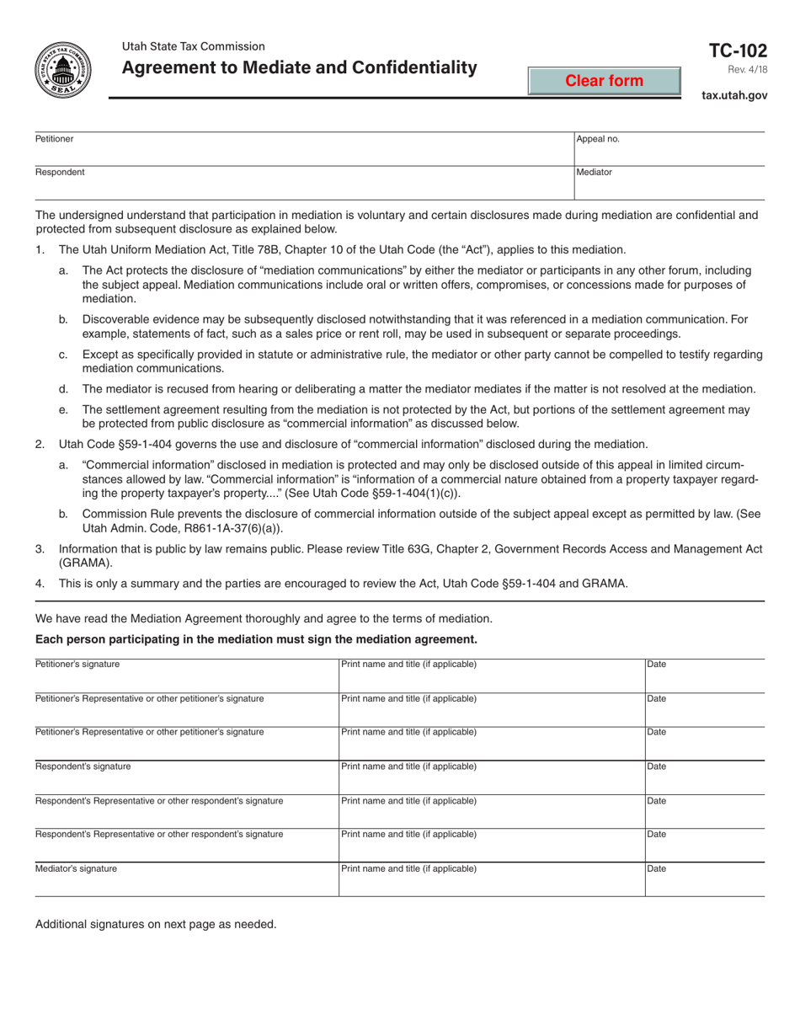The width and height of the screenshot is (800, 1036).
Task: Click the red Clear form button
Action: pos(604,81)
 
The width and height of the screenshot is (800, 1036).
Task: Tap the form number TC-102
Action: pos(739,51)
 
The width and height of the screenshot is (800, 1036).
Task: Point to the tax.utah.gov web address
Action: pos(734,96)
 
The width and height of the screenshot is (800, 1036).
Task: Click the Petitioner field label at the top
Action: pos(54,138)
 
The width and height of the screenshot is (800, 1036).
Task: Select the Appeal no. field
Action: pos(669,148)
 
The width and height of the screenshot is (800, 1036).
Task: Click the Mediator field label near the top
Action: pos(594,172)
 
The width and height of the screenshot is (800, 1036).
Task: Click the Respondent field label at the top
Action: pos(59,172)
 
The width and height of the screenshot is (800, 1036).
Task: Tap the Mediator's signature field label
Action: pos(76,868)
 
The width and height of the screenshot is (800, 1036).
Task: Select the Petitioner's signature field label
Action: pos(77,664)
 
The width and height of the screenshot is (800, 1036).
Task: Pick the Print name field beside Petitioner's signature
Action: pos(491,675)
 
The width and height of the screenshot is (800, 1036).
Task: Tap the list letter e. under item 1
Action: pos(63,409)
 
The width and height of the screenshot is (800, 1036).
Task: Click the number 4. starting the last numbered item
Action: pos(40,583)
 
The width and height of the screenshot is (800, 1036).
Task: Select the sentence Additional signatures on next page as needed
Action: pos(156,924)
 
